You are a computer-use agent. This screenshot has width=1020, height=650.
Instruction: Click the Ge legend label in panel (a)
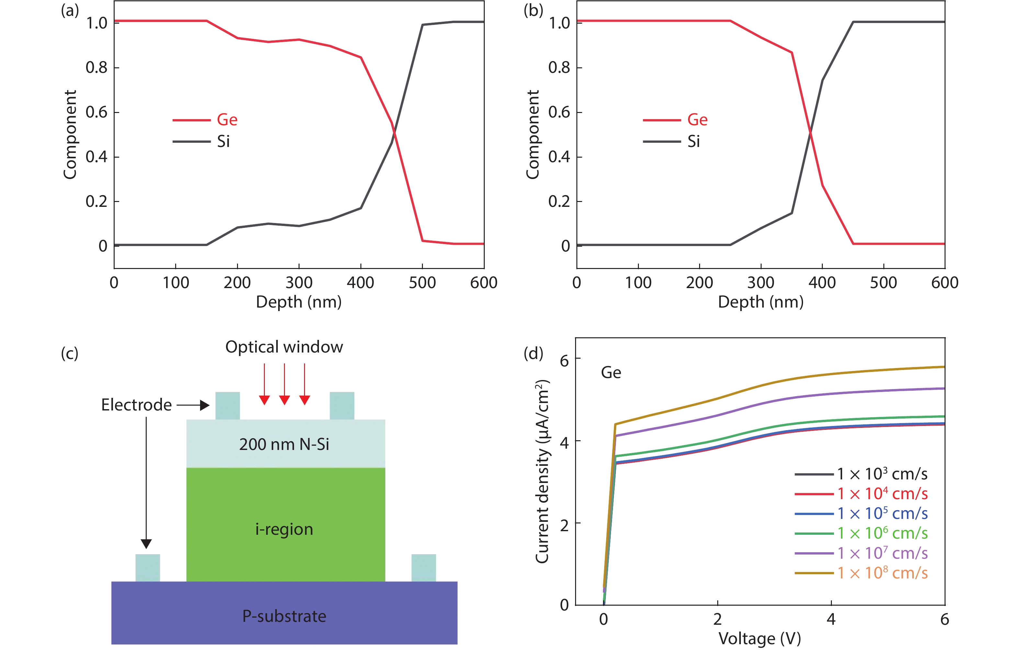227,120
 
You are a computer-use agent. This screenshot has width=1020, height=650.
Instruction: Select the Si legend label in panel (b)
693,141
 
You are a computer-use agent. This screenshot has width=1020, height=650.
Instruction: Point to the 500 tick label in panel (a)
422,283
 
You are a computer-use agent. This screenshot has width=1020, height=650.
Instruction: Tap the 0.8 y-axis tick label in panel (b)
559,68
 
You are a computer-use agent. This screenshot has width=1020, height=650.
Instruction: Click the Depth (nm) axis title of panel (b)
760,302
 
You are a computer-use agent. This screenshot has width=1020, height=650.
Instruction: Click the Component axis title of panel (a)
70,135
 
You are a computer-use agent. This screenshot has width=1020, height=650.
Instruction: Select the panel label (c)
70,353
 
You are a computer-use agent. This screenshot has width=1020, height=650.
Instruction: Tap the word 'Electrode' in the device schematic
136,405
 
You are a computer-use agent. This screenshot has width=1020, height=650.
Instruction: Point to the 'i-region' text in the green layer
284,529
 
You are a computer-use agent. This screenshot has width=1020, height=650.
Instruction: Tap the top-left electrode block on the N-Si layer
227,406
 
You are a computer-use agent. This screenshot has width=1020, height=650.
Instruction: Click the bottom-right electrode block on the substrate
424,567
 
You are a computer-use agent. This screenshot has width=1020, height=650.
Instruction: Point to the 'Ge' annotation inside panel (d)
611,373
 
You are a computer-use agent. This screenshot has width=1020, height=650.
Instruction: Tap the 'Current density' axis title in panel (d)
542,472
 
